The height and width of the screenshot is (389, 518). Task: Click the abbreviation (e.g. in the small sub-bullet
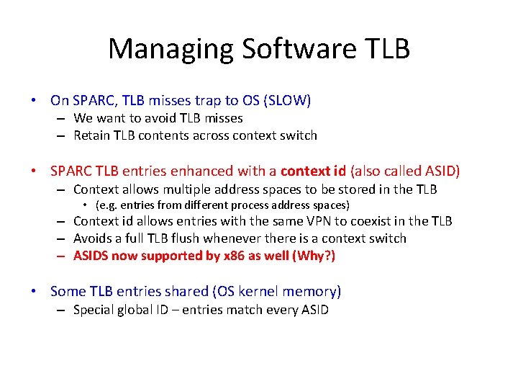click(107, 205)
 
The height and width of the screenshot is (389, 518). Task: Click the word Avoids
click(92, 238)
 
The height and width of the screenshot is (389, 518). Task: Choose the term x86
click(230, 256)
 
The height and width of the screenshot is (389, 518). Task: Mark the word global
click(137, 310)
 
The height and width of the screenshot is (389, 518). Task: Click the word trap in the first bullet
click(199, 101)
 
